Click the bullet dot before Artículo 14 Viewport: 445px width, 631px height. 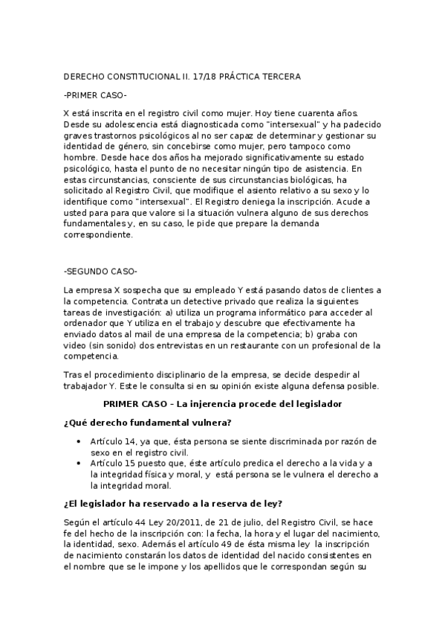79,441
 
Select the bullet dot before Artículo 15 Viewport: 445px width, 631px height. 79,463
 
